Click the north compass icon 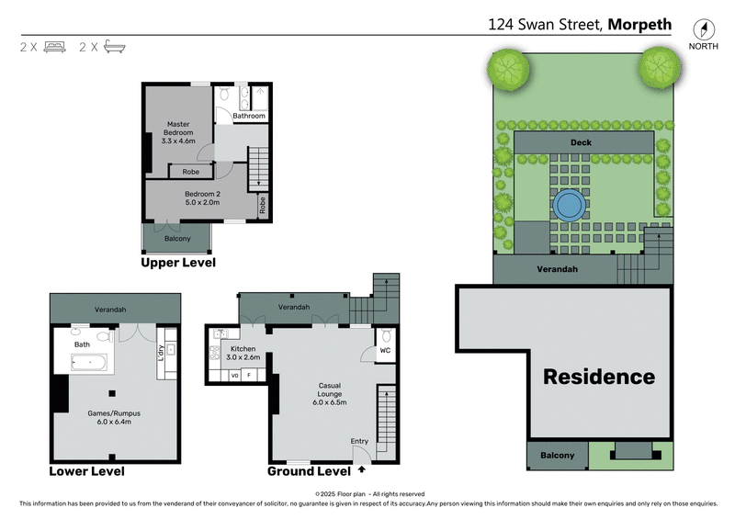pos(703,28)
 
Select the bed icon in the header pos(52,46)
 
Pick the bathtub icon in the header pos(113,46)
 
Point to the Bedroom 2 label pos(202,198)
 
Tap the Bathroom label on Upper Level pos(248,117)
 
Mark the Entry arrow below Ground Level pos(361,469)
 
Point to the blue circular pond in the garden pos(570,202)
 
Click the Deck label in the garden pos(581,142)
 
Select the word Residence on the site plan pos(598,377)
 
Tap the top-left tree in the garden pos(508,67)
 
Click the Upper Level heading pos(177,263)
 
